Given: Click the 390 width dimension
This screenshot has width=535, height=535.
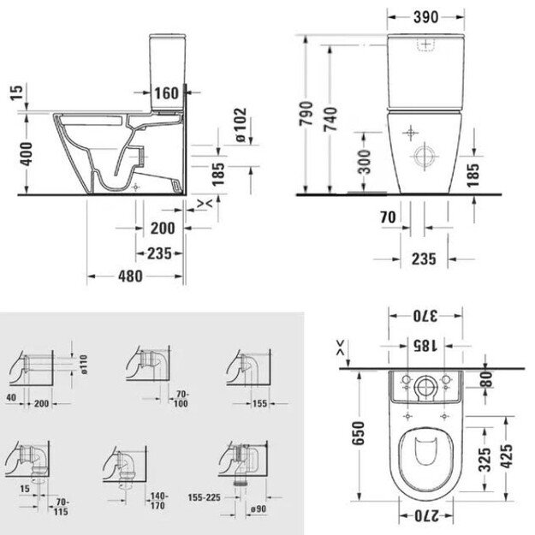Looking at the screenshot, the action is click(425, 17).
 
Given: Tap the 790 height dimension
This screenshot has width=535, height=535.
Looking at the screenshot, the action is click(306, 113).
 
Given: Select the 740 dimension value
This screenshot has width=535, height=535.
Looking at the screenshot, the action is click(330, 119).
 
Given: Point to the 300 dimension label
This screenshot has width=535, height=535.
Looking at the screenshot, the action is click(365, 161).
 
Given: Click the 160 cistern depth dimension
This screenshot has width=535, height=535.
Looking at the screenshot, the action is click(166, 93).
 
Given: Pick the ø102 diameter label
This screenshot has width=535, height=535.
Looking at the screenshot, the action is click(241, 124).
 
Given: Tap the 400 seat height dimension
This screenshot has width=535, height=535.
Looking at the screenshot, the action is click(26, 154).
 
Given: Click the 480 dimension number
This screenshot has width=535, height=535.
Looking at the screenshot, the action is click(131, 276).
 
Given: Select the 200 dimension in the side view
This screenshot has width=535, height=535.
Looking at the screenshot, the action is click(163, 229).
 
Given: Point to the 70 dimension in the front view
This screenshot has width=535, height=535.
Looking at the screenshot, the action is click(388, 217).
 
